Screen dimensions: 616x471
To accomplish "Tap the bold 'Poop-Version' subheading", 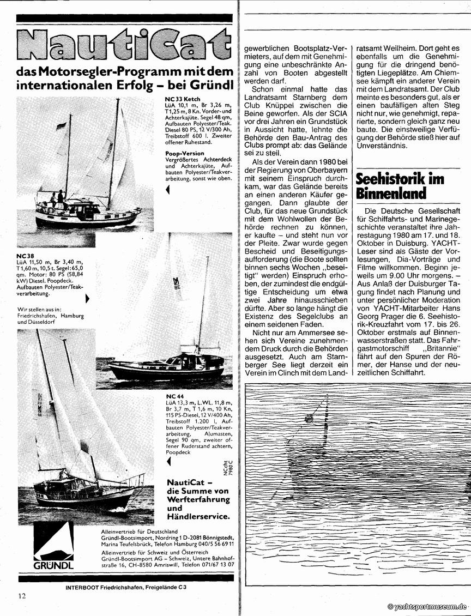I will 185,154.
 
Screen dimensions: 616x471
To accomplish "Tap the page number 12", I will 21,596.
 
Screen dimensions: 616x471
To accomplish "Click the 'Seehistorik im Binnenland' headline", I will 400,186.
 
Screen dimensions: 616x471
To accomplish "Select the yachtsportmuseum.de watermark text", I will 427,607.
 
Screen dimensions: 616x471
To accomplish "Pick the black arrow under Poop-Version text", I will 167,189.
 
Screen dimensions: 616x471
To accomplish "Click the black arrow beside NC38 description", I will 87,298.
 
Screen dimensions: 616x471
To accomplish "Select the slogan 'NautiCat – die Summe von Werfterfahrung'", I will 198,490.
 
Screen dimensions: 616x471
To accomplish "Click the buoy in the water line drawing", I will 309,419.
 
